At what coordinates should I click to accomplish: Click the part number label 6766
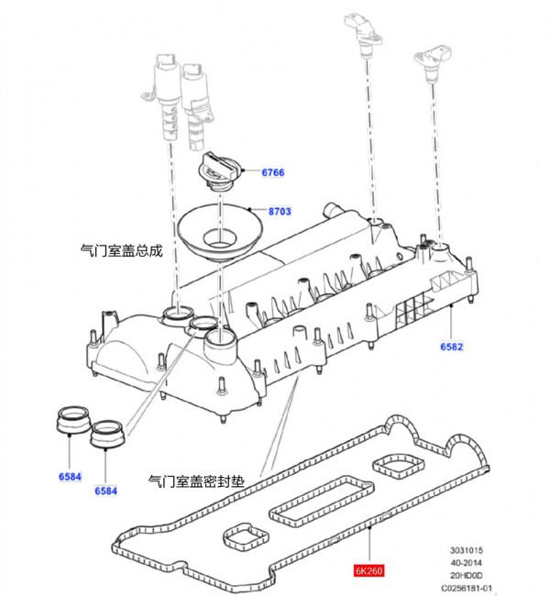tap(273, 172)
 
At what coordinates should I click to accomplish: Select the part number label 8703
tap(280, 211)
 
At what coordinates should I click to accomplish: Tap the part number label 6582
tap(452, 347)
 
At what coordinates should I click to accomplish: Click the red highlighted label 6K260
tap(368, 570)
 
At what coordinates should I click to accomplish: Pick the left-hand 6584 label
tap(70, 477)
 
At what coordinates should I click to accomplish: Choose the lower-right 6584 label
tap(106, 491)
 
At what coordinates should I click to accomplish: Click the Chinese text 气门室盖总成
tap(122, 251)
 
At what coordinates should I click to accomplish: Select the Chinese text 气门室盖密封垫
tap(196, 481)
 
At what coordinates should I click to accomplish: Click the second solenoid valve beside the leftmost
tap(197, 106)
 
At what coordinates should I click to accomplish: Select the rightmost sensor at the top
tap(434, 61)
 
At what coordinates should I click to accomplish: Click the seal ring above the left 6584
tap(72, 421)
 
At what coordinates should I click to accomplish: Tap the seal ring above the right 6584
tap(107, 435)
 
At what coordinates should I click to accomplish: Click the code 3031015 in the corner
tap(467, 550)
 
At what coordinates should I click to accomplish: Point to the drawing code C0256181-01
tap(467, 588)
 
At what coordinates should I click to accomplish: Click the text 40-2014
tap(467, 563)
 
